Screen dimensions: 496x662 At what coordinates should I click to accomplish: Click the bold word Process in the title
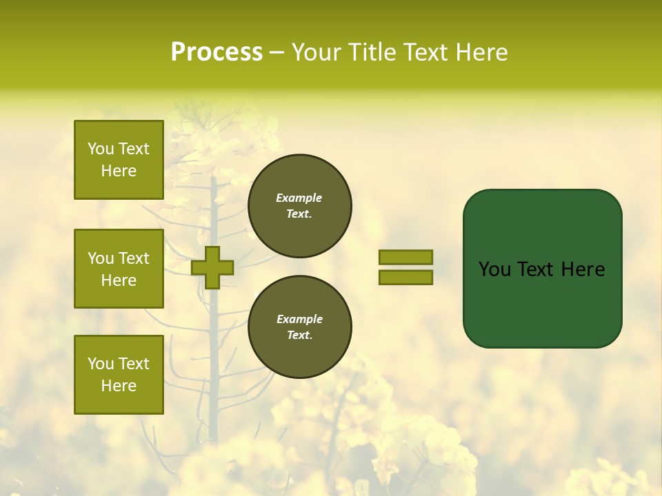(x=217, y=52)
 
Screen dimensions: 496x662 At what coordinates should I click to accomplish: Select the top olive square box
(x=119, y=160)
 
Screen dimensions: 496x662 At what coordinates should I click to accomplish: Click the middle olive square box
(x=119, y=269)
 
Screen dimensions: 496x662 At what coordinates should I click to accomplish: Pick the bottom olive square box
(x=119, y=375)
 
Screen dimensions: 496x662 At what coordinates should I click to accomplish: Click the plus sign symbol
(x=212, y=267)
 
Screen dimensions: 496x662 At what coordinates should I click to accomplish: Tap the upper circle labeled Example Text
(x=300, y=206)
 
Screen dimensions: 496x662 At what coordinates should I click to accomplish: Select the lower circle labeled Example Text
(x=300, y=327)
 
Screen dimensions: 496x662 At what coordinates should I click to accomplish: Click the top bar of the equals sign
(x=405, y=257)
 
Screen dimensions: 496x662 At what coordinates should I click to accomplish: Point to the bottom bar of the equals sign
(x=405, y=278)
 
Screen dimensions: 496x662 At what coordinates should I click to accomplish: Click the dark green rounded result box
(x=542, y=303)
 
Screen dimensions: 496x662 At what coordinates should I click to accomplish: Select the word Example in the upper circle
(x=299, y=198)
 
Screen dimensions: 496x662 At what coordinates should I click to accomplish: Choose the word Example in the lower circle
(x=299, y=319)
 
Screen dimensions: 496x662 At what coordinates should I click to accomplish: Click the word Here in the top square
(x=119, y=171)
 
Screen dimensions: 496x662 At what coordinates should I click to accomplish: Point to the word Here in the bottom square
(x=119, y=386)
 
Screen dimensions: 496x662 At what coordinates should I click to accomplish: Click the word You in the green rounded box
(x=495, y=269)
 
